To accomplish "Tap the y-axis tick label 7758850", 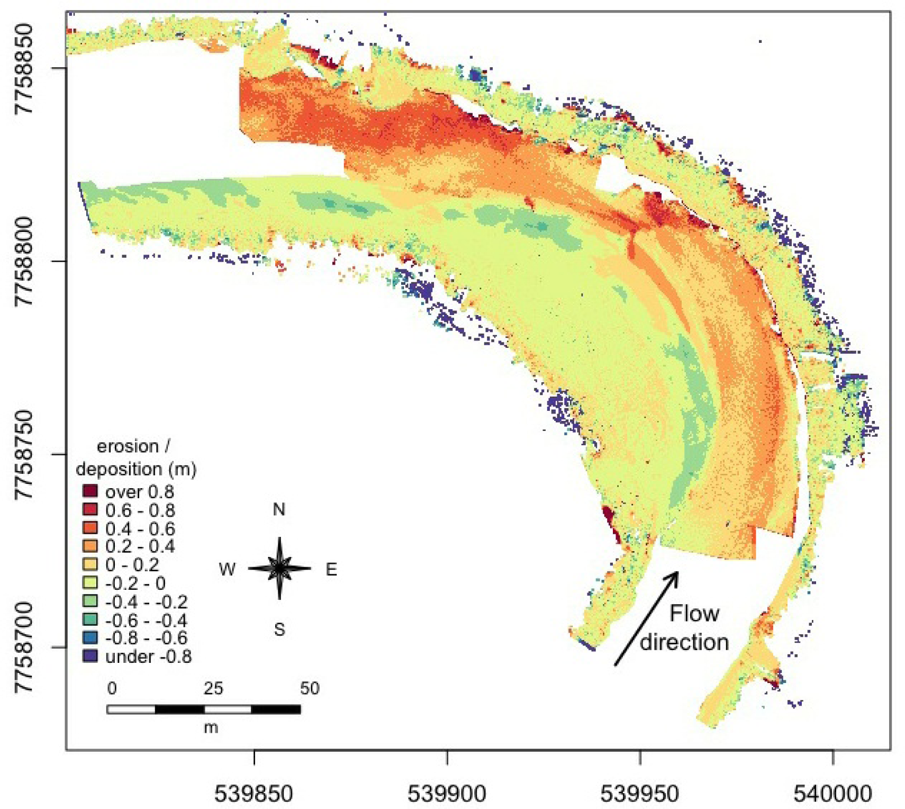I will coord(24,68).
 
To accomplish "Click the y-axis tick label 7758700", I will coord(24,647).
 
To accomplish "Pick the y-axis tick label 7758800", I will coord(24,261).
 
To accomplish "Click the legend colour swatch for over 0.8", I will coord(91,491).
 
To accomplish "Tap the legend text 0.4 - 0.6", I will coord(140,528).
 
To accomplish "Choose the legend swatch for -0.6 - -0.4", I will coord(91,620).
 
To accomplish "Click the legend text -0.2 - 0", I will coord(135,583).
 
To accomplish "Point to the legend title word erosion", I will coord(128,446).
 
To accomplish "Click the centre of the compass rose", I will coord(279,568).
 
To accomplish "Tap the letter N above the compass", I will coord(279,509).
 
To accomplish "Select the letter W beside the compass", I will coord(227,569).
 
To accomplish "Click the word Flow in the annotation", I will coord(694,614).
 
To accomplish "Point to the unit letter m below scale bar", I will coord(211,727).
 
